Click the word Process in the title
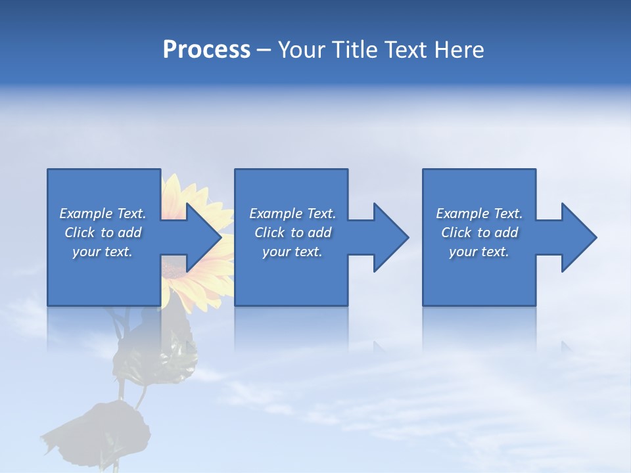pos(206,50)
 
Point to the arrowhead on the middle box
pos(390,237)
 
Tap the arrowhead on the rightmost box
pos(578,237)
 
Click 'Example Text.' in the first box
pos(103,214)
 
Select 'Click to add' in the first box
pos(103,233)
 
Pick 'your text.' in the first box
pos(103,252)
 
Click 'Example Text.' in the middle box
pos(292,214)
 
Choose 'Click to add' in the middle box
pos(292,233)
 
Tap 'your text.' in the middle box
pos(292,252)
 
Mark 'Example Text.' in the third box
pos(479,214)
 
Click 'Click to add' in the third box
pos(479,233)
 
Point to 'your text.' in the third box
pos(479,252)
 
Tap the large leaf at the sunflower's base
pos(105,430)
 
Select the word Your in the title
pos(300,50)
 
